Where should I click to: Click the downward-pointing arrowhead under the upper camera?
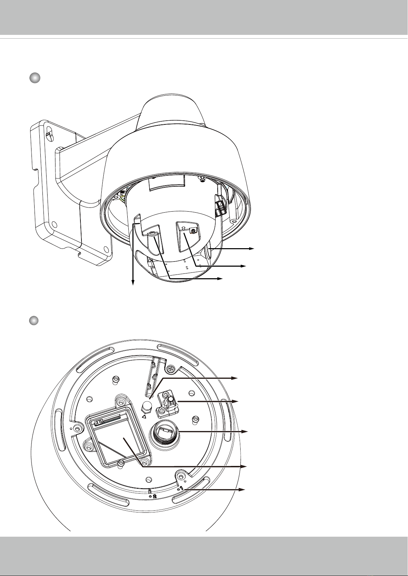(133, 283)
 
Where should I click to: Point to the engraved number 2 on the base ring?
(154, 496)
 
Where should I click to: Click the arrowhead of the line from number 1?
(242, 490)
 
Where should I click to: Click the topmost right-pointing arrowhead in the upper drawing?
(251, 249)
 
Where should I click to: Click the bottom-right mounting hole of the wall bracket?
(106, 249)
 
